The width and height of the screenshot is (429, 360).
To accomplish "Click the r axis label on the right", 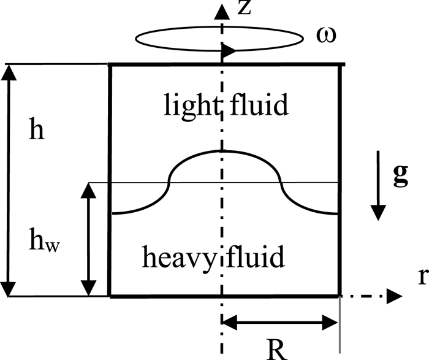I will [422, 277].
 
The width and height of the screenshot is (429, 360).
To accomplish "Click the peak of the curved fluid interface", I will [223, 151].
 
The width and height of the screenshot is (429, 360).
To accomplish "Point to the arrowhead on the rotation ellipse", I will [227, 51].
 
